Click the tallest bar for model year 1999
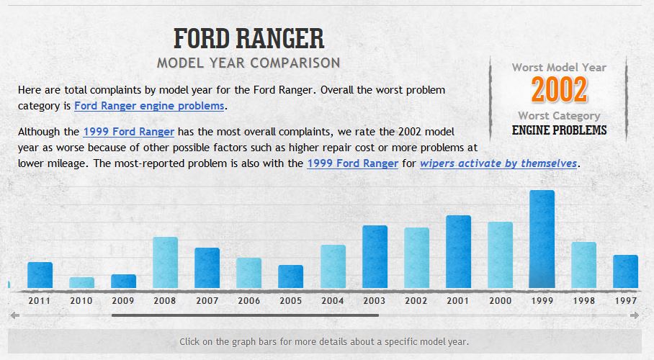[x=542, y=239]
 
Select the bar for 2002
[x=416, y=258]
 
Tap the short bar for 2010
[x=81, y=282]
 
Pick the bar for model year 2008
[x=165, y=262]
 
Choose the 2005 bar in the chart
[x=290, y=276]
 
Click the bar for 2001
[x=458, y=251]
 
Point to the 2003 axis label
[x=375, y=300]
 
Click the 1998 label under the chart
[x=583, y=300]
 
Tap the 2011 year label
[x=40, y=300]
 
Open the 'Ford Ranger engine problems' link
[x=149, y=106]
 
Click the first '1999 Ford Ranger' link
[x=128, y=132]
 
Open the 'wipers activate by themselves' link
[x=498, y=163]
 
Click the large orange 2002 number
[x=559, y=90]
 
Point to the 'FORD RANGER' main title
[x=249, y=38]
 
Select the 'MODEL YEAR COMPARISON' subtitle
[x=248, y=63]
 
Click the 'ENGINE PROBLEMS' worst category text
[x=559, y=130]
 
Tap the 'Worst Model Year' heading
[x=559, y=68]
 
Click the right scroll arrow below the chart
[x=635, y=315]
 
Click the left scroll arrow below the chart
[x=14, y=315]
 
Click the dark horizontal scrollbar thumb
[x=245, y=315]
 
